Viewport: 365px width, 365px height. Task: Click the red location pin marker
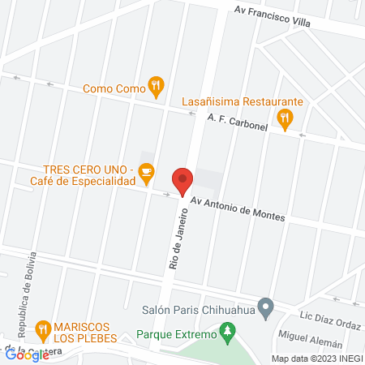(182, 181)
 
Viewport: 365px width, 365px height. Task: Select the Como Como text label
(114, 88)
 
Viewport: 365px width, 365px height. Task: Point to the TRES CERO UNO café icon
(146, 171)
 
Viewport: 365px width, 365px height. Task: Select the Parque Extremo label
(177, 334)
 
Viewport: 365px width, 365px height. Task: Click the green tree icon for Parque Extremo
(229, 331)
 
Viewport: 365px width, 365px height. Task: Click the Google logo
(27, 354)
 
